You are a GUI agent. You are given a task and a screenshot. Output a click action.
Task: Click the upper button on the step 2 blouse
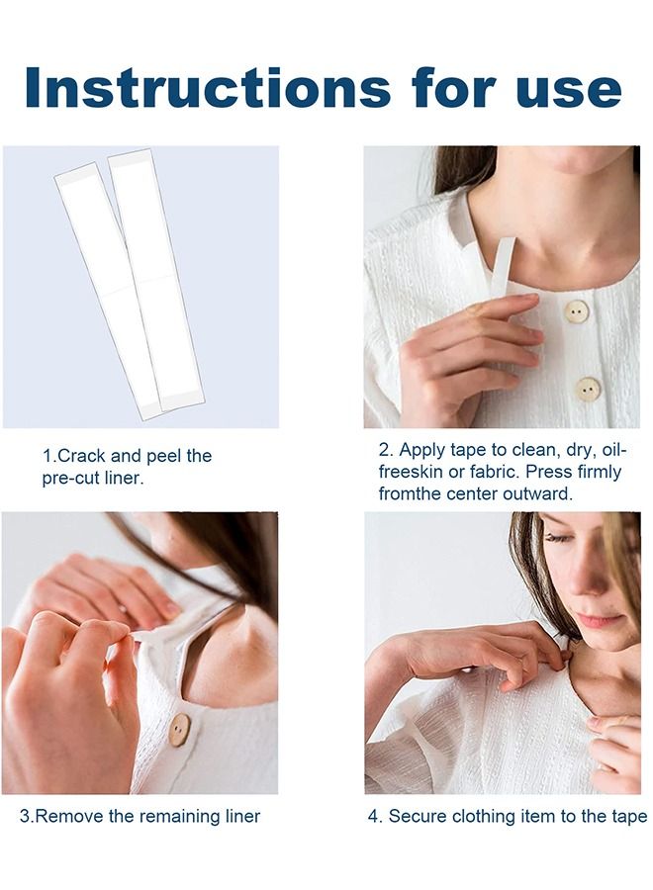tap(576, 312)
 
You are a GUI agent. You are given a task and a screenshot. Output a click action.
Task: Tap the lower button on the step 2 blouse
tap(588, 389)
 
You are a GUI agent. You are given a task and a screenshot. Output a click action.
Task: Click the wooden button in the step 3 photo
tap(178, 730)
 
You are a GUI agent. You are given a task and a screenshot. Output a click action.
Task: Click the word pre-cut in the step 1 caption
tap(72, 479)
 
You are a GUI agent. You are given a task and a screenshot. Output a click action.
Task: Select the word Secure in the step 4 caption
tap(417, 816)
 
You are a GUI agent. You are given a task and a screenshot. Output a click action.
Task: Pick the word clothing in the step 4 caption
tap(487, 816)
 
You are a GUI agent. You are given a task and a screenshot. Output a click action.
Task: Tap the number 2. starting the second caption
tap(386, 450)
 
